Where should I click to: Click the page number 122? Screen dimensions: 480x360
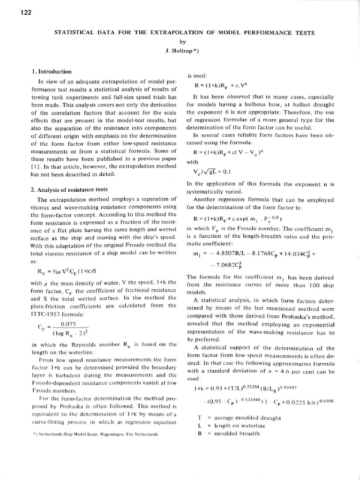pos(25,13)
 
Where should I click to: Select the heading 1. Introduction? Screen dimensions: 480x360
pos(52,72)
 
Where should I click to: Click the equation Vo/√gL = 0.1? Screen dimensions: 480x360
pos(212,171)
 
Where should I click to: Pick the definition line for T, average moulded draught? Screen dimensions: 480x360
pos(239,418)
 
